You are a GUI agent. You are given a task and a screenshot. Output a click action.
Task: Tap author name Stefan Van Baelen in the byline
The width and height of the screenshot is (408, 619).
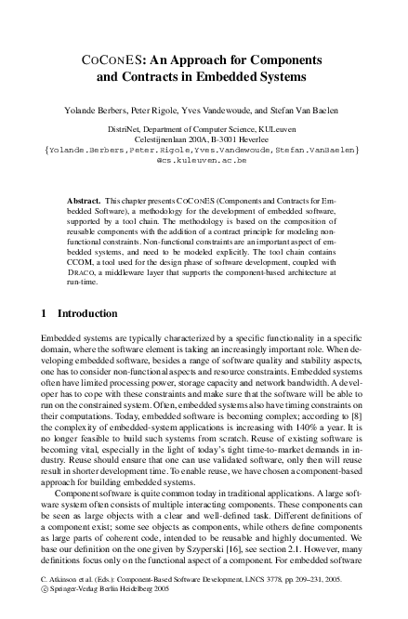click(x=311, y=111)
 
